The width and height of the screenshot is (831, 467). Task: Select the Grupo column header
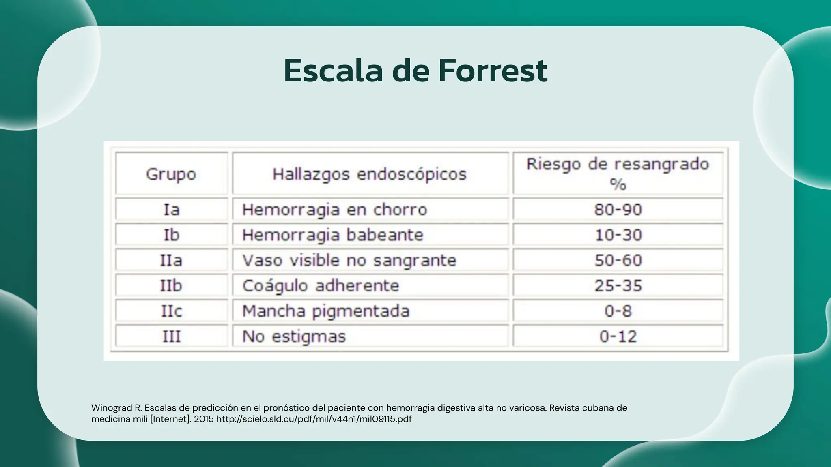pyautogui.click(x=171, y=174)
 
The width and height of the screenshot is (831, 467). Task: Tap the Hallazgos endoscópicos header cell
pyautogui.click(x=369, y=174)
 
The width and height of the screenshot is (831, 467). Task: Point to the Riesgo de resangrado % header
pyautogui.click(x=618, y=174)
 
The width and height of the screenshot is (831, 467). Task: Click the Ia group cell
pyautogui.click(x=171, y=210)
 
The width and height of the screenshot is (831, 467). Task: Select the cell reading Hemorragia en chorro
pyautogui.click(x=335, y=210)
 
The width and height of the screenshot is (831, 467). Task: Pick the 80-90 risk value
pyautogui.click(x=618, y=210)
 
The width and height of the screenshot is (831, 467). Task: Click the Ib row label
pyautogui.click(x=171, y=235)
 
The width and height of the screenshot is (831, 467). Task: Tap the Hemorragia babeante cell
pyautogui.click(x=333, y=235)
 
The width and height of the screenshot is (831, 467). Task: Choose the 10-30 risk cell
pyautogui.click(x=618, y=235)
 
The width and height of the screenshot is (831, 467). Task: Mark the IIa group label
pyautogui.click(x=171, y=260)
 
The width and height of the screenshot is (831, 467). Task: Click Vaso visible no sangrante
pyautogui.click(x=349, y=260)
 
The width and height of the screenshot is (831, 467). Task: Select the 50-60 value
pyautogui.click(x=618, y=260)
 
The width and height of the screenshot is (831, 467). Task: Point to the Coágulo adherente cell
pyautogui.click(x=321, y=286)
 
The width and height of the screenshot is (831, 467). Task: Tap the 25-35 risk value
pyautogui.click(x=618, y=286)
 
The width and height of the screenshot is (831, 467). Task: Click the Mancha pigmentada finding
pyautogui.click(x=326, y=311)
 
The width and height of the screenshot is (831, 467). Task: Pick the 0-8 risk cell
pyautogui.click(x=618, y=311)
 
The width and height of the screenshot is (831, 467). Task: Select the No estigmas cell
pyautogui.click(x=294, y=336)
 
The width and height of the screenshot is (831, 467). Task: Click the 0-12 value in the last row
pyautogui.click(x=618, y=336)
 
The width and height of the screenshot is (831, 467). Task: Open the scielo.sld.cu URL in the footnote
pyautogui.click(x=314, y=419)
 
